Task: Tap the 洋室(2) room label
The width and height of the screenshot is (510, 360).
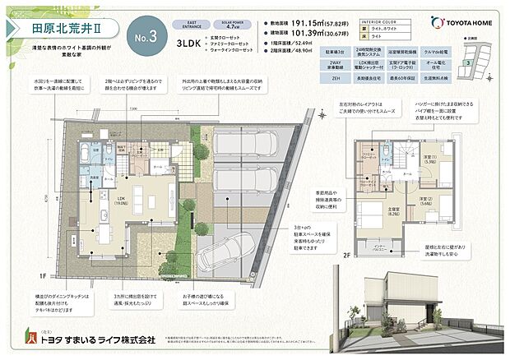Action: coord(426,200)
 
